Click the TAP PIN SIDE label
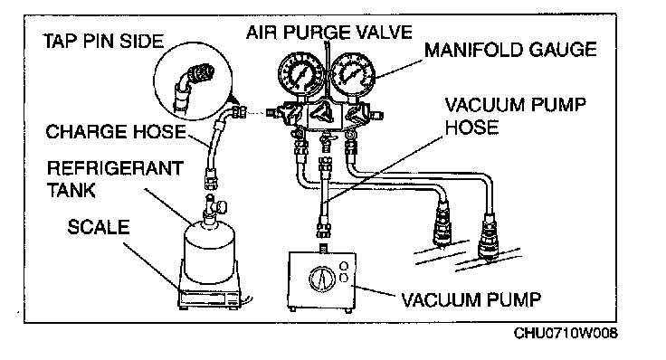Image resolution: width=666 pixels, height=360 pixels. (x=103, y=42)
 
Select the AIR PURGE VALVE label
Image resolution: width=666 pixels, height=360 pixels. (x=328, y=33)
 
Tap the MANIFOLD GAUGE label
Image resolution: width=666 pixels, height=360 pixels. (x=510, y=50)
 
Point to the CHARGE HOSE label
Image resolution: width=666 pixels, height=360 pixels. (x=116, y=131)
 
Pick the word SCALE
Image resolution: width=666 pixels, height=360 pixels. (x=98, y=227)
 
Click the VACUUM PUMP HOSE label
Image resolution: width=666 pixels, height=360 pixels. (x=515, y=116)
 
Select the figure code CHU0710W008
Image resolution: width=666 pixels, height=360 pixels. (x=566, y=333)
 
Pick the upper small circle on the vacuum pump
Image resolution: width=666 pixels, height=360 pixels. (x=344, y=266)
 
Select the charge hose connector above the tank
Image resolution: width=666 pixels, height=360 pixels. (x=211, y=178)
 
